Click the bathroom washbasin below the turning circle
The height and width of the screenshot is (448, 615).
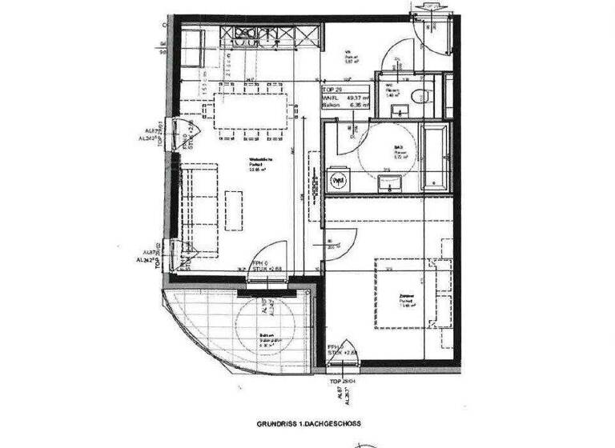coord(389,184)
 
